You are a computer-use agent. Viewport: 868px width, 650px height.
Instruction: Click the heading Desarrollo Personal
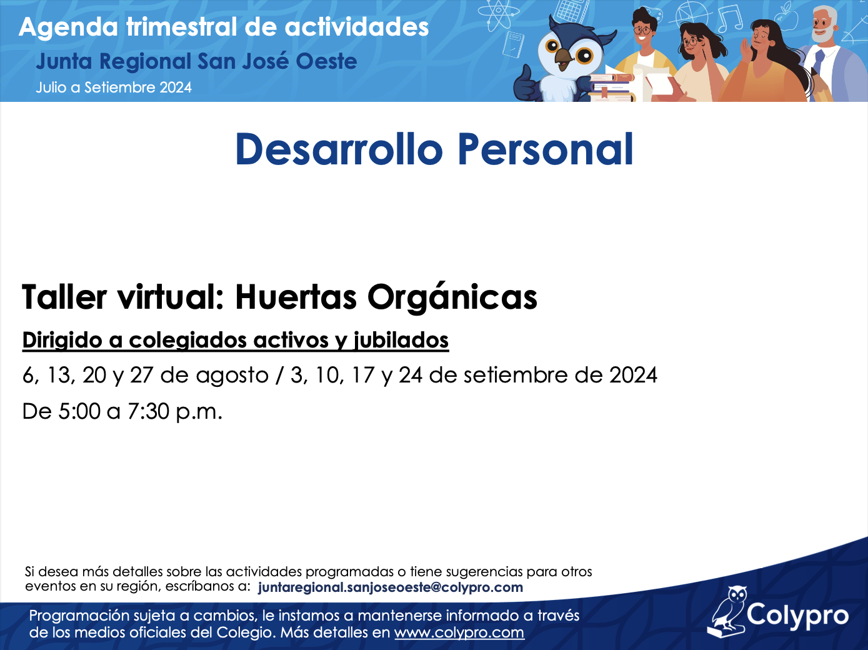pyautogui.click(x=434, y=149)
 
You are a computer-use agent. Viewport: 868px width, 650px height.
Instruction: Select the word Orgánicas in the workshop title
pyautogui.click(x=452, y=297)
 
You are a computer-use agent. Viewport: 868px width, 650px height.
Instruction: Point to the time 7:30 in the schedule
pyautogui.click(x=148, y=411)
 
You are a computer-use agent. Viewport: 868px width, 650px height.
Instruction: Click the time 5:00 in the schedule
pyautogui.click(x=79, y=411)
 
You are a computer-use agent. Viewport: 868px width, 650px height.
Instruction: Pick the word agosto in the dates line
pyautogui.click(x=232, y=376)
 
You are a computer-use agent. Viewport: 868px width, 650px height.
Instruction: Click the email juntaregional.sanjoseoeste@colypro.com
pyautogui.click(x=391, y=587)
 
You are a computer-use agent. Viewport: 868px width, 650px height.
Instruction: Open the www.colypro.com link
pyautogui.click(x=459, y=632)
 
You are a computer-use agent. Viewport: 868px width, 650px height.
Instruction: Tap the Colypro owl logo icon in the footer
pyautogui.click(x=726, y=612)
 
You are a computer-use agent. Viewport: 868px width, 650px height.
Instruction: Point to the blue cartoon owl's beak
pyautogui.click(x=563, y=57)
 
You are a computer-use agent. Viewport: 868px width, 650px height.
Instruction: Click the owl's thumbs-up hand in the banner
pyautogui.click(x=526, y=83)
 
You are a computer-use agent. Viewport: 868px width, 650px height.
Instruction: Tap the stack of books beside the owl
pyautogui.click(x=611, y=87)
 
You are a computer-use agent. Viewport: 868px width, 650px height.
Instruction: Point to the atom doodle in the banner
pyautogui.click(x=499, y=14)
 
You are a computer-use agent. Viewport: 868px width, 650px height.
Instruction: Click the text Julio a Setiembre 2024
pyautogui.click(x=114, y=87)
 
